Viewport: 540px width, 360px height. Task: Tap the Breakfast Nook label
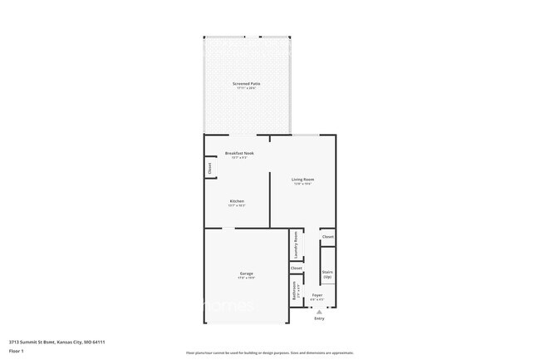pyautogui.click(x=239, y=153)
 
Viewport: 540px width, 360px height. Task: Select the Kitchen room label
pyautogui.click(x=237, y=200)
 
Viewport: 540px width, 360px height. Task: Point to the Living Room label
pyautogui.click(x=302, y=180)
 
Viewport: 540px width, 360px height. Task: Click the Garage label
pyautogui.click(x=247, y=273)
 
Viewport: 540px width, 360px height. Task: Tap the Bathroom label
pyautogui.click(x=295, y=291)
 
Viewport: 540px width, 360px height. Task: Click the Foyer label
pyautogui.click(x=317, y=295)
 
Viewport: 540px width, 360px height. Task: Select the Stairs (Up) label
pyautogui.click(x=327, y=274)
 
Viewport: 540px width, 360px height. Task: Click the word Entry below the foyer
pyautogui.click(x=319, y=318)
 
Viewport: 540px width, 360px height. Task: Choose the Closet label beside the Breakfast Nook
pyautogui.click(x=209, y=167)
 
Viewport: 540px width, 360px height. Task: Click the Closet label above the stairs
pyautogui.click(x=327, y=237)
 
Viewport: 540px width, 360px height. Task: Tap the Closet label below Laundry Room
pyautogui.click(x=297, y=268)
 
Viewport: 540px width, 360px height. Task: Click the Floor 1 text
pyautogui.click(x=16, y=351)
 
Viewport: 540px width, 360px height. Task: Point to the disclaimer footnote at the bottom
pyautogui.click(x=269, y=353)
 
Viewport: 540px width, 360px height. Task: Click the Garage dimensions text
pyautogui.click(x=247, y=278)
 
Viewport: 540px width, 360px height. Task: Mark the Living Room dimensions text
pyautogui.click(x=302, y=185)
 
